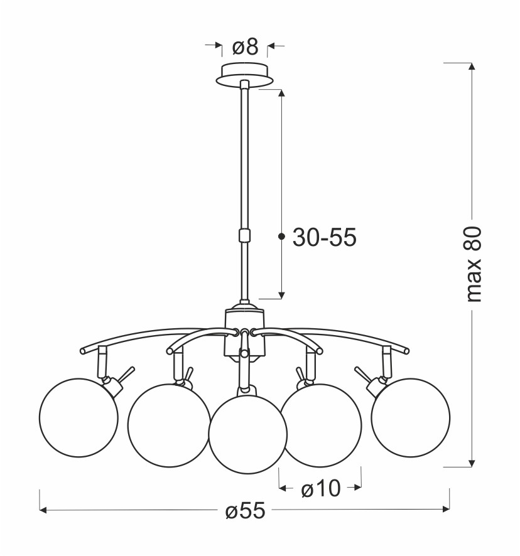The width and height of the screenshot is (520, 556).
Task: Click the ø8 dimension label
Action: click(245, 47)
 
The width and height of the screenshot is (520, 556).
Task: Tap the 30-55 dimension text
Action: click(325, 237)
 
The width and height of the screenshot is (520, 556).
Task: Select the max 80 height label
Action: click(474, 264)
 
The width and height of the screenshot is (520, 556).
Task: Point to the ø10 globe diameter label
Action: click(320, 489)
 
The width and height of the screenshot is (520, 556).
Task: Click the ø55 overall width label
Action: click(246, 511)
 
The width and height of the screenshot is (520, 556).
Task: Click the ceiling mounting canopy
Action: click(244, 75)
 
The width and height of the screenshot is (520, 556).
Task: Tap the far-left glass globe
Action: click(79, 418)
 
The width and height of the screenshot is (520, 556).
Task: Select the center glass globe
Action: click(248, 433)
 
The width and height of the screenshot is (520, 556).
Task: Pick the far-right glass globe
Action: click(411, 417)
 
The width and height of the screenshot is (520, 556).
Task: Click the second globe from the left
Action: click(169, 425)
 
